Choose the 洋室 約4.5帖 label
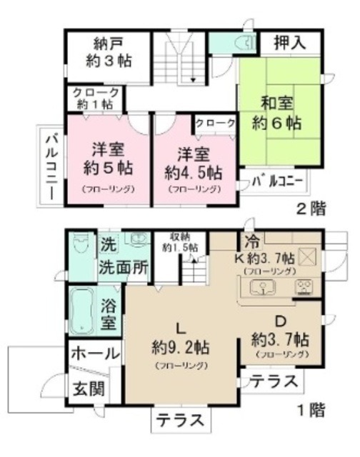tap(193, 162)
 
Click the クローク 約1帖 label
tap(96, 97)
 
